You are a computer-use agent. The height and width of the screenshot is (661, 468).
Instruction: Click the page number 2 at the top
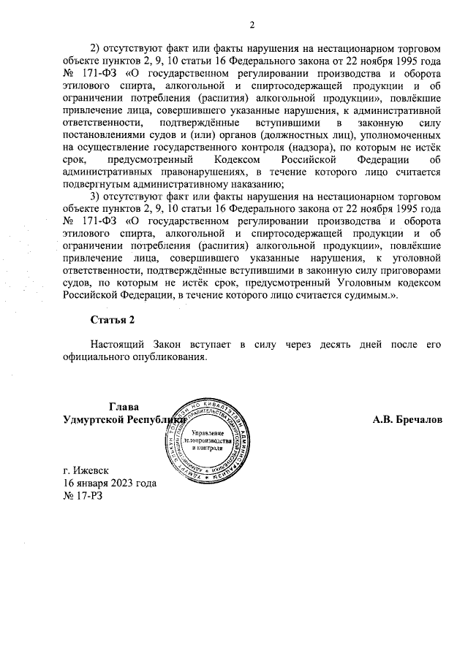coord(250,27)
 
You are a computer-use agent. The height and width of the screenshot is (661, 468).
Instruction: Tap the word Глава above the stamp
coord(123,407)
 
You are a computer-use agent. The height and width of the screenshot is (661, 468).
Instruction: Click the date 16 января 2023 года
coord(110,484)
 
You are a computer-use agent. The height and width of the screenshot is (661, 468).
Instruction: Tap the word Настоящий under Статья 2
coord(117,345)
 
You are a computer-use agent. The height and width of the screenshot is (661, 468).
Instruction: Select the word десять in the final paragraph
coord(322,345)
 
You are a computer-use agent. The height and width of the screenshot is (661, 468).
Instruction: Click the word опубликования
coord(166,358)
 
